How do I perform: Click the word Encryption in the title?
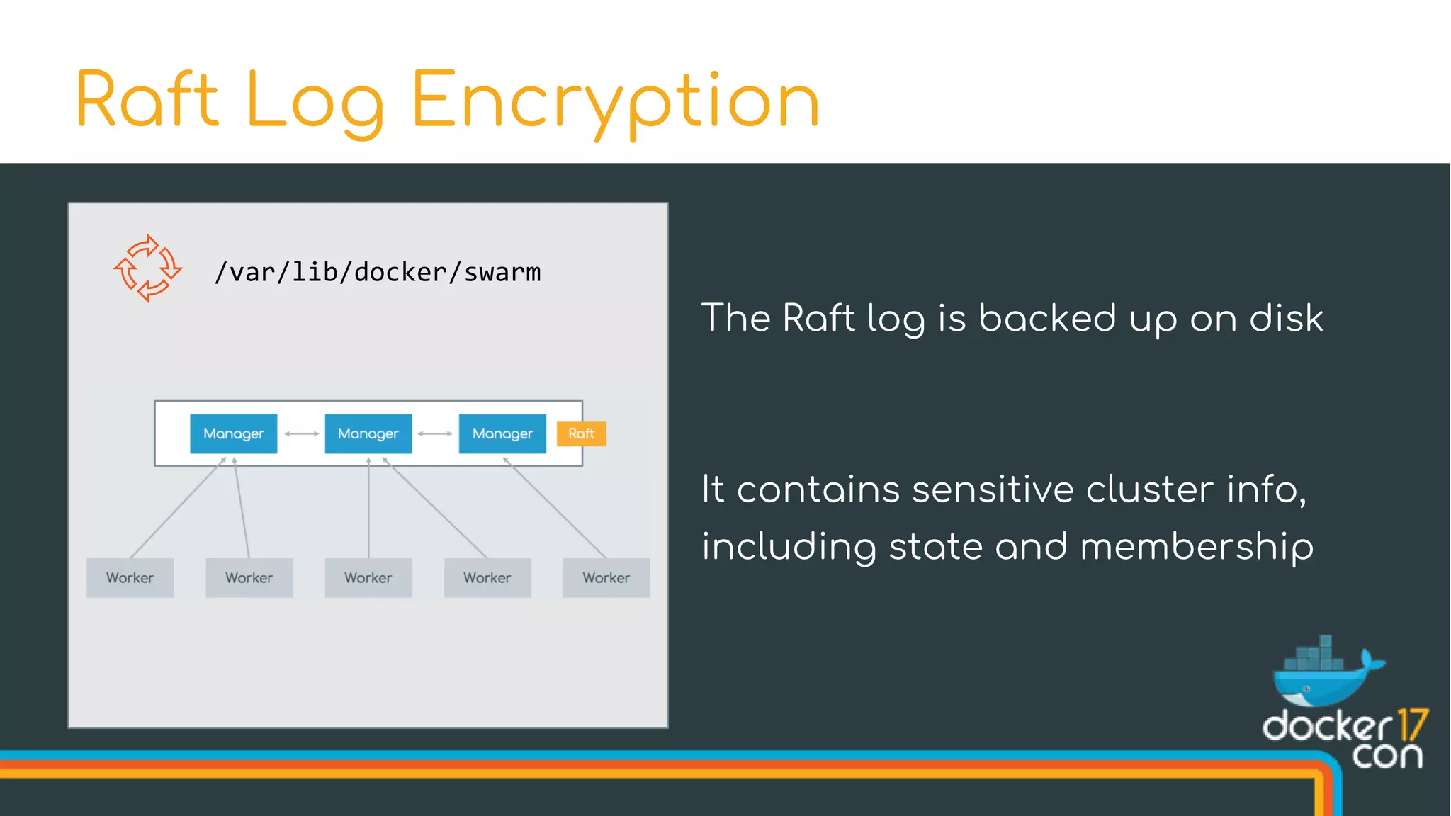[615, 101]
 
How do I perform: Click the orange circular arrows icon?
[148, 268]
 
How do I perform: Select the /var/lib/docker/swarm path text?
[378, 273]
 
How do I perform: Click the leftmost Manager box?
[233, 433]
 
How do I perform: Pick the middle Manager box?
[368, 433]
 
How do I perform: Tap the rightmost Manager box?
[502, 433]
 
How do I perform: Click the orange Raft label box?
[581, 433]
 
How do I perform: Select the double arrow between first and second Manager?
[301, 433]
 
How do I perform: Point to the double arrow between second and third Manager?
[435, 433]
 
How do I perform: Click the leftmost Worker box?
[130, 578]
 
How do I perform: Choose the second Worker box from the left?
[249, 578]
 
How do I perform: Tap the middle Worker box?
[368, 578]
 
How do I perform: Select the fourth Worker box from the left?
[487, 578]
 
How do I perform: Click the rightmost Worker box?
[606, 578]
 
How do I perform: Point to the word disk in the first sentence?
[1285, 318]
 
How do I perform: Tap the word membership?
[1197, 547]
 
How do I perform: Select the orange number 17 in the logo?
[1413, 725]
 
